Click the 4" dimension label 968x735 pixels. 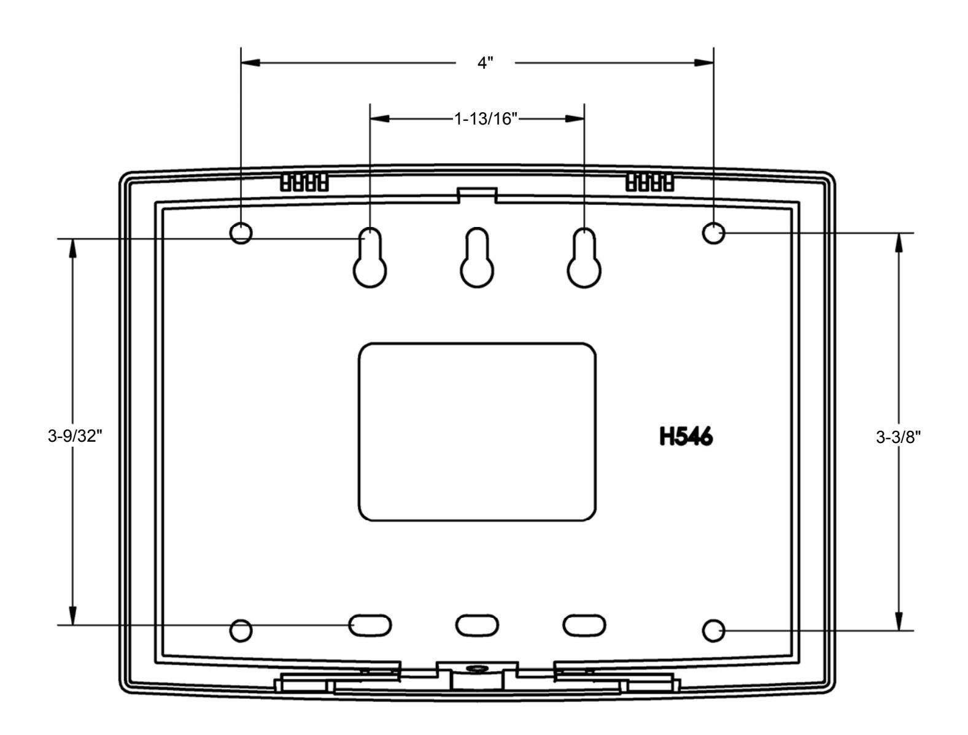pos(485,63)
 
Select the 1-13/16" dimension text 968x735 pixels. pos(486,119)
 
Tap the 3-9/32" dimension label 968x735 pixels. pos(75,436)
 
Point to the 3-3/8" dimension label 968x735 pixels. pos(898,437)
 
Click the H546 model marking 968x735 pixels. pos(686,437)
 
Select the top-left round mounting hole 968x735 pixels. pos(241,233)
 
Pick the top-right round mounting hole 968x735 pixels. pos(713,233)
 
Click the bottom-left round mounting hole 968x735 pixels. pos(241,631)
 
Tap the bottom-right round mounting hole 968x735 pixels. pos(713,631)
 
